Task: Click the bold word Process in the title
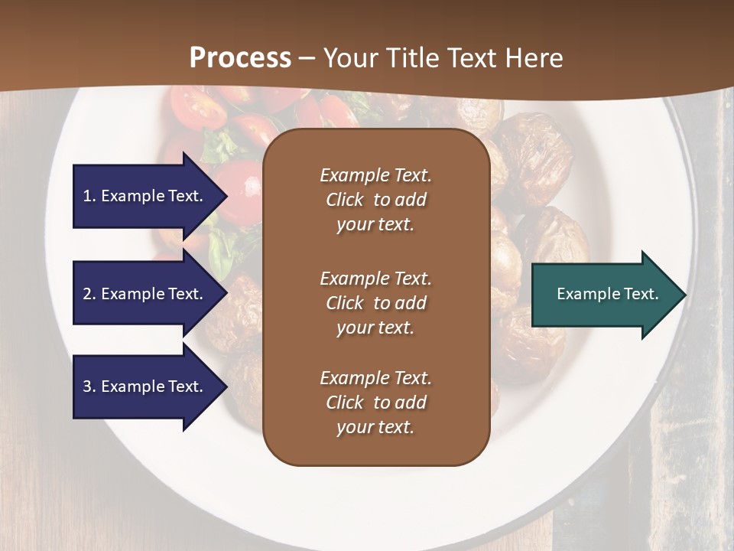coord(240,58)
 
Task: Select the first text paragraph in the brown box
coord(375,200)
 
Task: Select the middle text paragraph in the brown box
coord(375,303)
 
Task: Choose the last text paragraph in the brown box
coord(375,403)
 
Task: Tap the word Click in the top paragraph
coord(345,200)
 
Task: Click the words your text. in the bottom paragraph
coord(375,428)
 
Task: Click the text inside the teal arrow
coord(607,294)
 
